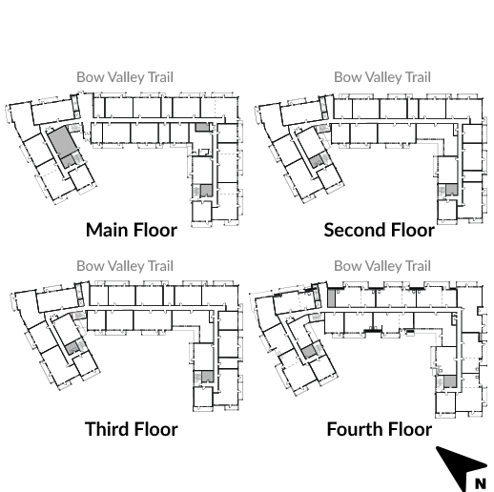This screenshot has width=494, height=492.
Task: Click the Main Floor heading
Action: coord(132,230)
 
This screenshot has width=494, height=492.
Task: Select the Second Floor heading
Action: coord(380,230)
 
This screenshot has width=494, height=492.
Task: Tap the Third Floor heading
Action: coord(132,429)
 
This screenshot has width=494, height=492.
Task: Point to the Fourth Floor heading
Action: coord(380,429)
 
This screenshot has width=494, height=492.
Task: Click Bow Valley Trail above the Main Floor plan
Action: coord(125,77)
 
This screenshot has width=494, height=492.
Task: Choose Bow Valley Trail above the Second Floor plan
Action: coord(382,77)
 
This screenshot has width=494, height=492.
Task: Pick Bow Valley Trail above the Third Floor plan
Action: coord(125,266)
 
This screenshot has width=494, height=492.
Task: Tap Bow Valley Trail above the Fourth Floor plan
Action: coord(382,266)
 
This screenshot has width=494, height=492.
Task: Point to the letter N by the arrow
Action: coord(481,483)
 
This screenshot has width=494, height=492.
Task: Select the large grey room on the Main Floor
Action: coord(63,141)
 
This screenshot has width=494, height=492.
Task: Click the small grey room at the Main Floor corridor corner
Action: coord(202,127)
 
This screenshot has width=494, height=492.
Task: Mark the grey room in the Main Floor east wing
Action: coord(206,191)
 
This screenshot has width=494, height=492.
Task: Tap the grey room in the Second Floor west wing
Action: coord(316,161)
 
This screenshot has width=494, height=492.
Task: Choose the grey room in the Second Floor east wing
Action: coord(452,190)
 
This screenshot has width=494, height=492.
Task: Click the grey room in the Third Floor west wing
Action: coord(72,347)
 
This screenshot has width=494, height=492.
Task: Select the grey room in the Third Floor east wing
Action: coord(207,377)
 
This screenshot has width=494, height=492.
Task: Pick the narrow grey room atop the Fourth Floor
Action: coord(331,297)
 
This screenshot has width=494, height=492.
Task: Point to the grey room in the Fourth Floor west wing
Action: coord(308,352)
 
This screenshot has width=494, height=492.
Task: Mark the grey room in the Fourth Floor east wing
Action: coord(450,381)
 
